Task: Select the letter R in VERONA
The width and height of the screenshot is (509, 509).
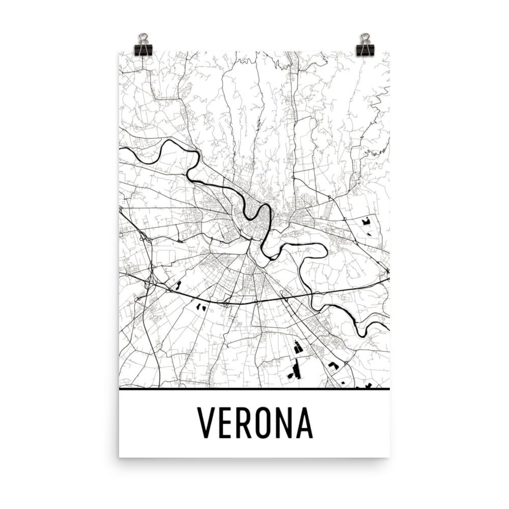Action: pos(245,423)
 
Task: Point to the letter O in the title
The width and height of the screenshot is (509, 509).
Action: pos(266,423)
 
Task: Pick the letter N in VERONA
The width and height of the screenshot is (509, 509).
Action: pos(286,423)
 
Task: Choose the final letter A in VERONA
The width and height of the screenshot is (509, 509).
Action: pos(305,423)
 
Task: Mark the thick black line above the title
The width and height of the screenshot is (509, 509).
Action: pos(254,389)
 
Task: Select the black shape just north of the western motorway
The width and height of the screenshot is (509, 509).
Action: pos(178,285)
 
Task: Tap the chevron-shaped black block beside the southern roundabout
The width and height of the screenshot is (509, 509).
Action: pos(332,365)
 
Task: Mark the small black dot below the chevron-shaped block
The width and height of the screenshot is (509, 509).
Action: pos(342,382)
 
